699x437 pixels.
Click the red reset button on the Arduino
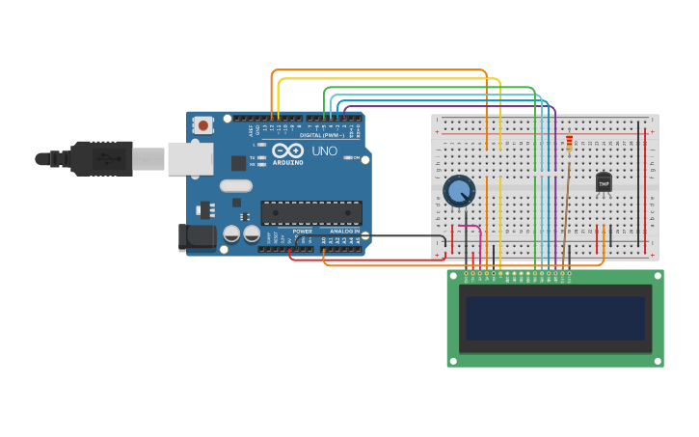coord(202,124)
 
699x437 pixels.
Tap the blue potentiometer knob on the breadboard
coord(459,191)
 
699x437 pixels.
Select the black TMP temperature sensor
coord(604,181)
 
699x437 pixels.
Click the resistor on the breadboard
coord(569,144)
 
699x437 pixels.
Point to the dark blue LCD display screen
coord(554,317)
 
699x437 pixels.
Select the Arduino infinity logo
coord(287,150)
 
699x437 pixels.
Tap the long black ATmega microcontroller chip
coord(311,212)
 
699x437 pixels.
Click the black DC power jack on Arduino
coord(198,236)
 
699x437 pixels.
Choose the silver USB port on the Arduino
coord(190,158)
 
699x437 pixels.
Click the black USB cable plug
coord(101,158)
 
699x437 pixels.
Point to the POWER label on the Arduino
coord(302,232)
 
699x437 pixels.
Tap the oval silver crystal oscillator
coord(235,186)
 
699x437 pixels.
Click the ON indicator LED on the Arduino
coord(345,157)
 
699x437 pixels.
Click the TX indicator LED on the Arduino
coord(260,157)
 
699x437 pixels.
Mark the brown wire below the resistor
coord(566,207)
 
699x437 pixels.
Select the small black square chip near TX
coord(238,163)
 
